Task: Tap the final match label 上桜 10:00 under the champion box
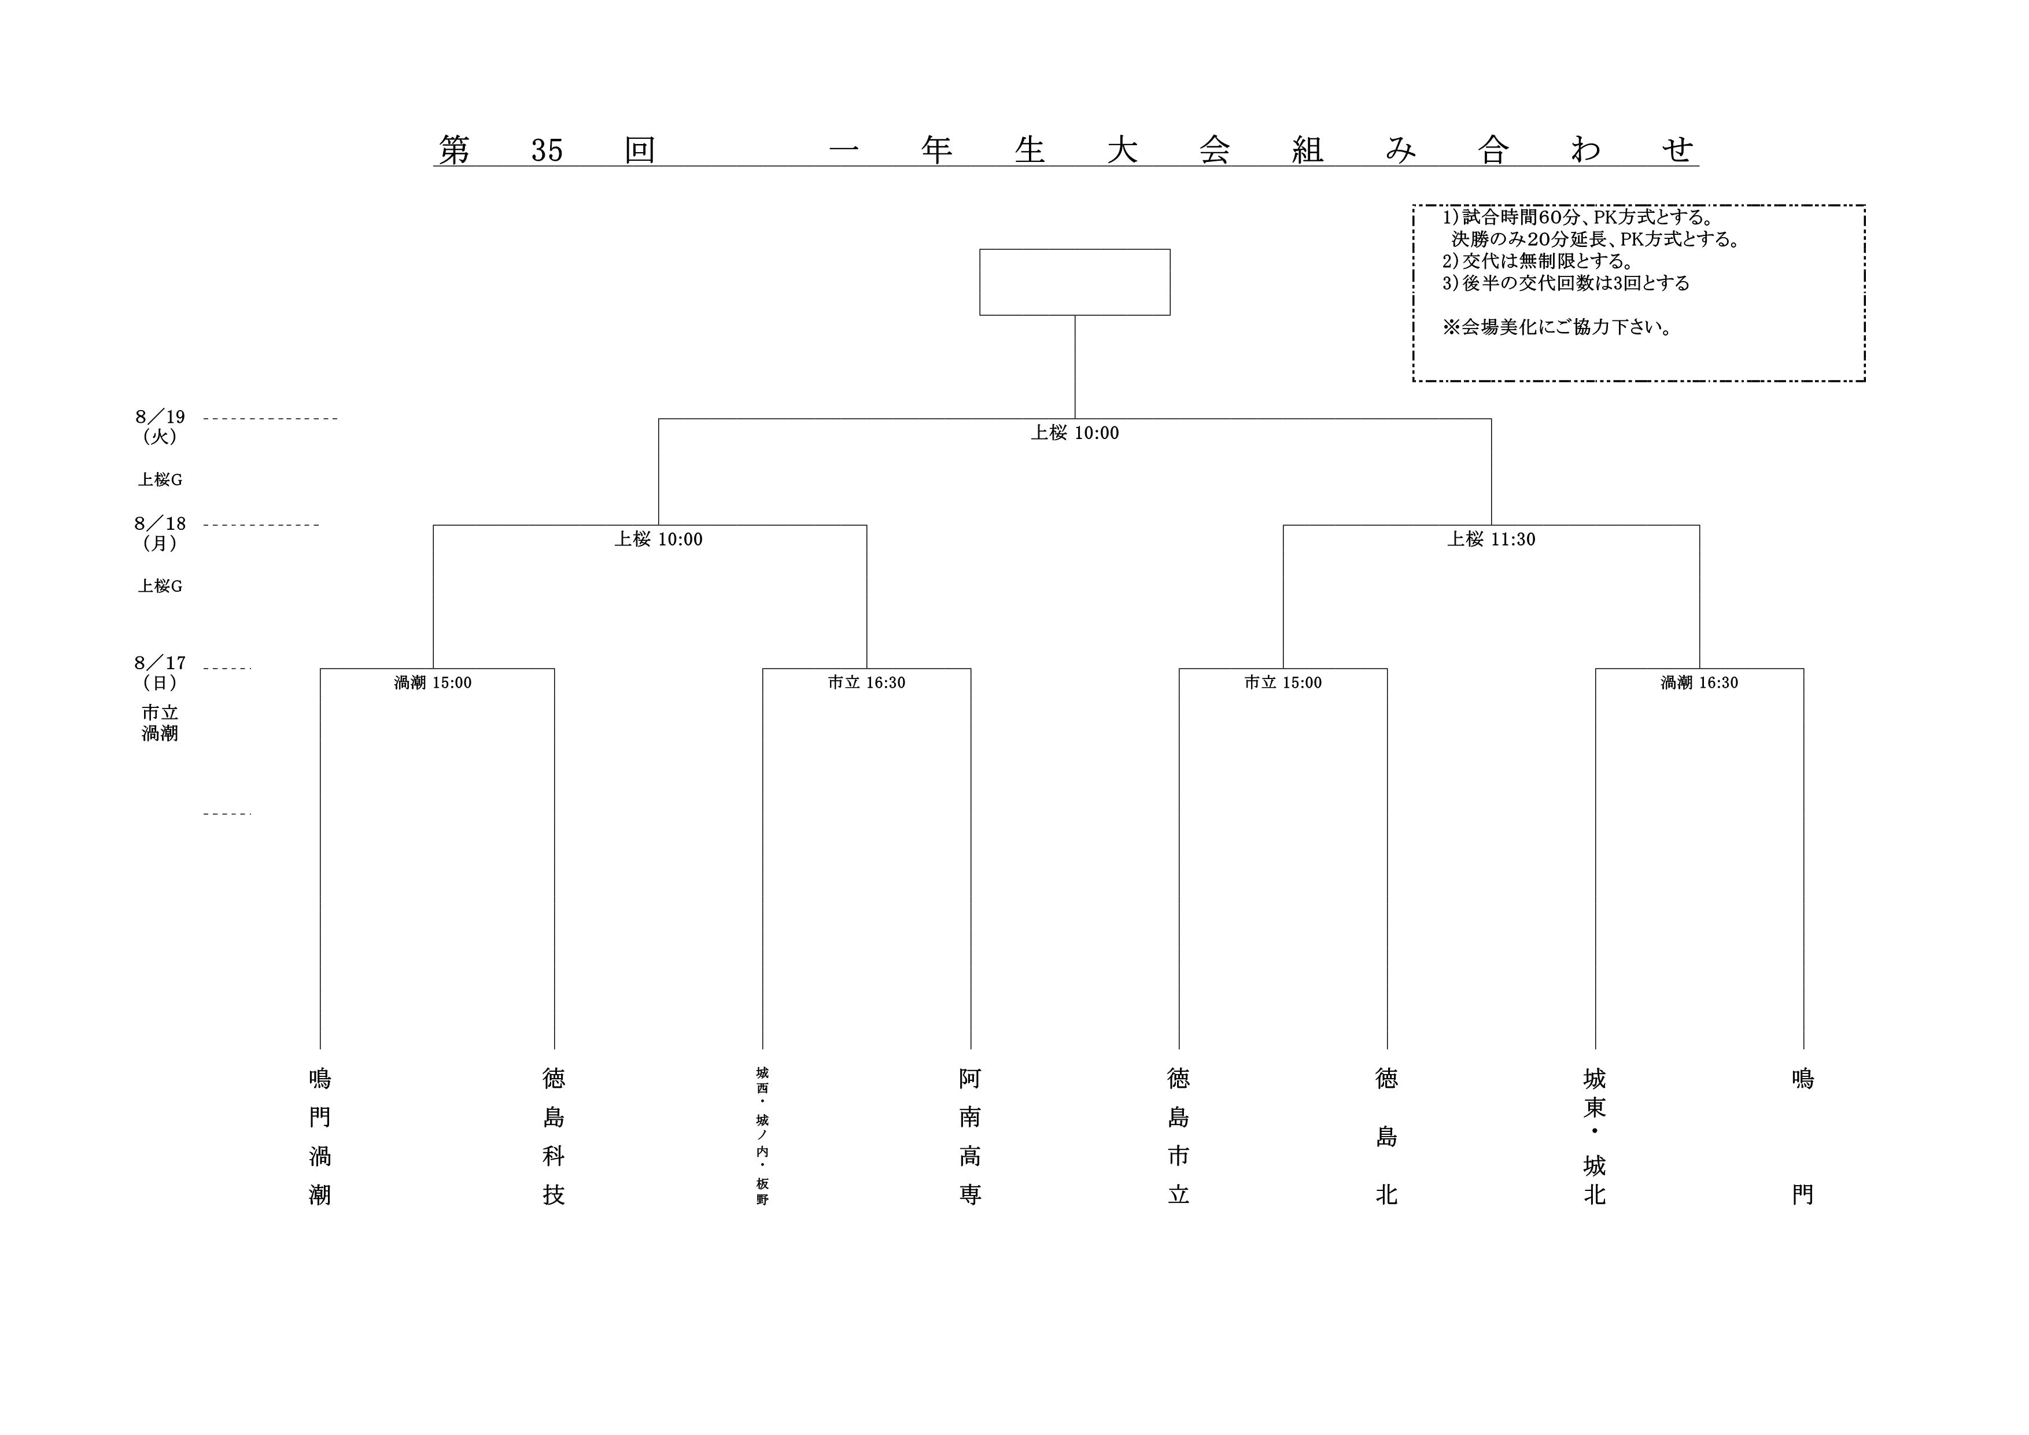click(x=1075, y=433)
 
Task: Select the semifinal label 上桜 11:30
click(x=1491, y=539)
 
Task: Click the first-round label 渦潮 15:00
click(x=433, y=682)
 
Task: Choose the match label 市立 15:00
click(x=1283, y=682)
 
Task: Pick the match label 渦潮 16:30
click(x=1699, y=682)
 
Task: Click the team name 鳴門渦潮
click(x=320, y=1137)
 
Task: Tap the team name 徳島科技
click(x=554, y=1137)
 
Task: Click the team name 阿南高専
click(x=971, y=1137)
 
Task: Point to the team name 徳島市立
click(x=1179, y=1137)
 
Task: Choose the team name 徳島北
click(x=1386, y=1137)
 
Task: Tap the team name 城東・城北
click(x=1595, y=1137)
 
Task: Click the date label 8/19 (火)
click(x=160, y=426)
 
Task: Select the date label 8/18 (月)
click(x=160, y=533)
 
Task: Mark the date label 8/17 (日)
click(x=160, y=673)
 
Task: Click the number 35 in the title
click(x=547, y=151)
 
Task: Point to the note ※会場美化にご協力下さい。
click(x=1557, y=327)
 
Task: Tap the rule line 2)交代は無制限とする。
click(x=1539, y=261)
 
